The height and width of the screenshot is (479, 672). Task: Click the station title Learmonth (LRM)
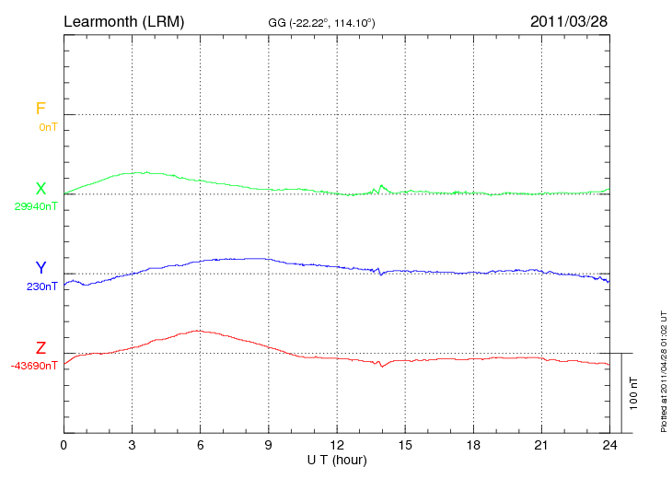click(123, 20)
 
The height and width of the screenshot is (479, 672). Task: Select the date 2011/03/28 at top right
click(570, 20)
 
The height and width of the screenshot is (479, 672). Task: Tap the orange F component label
click(41, 109)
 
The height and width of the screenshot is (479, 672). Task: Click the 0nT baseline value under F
click(47, 127)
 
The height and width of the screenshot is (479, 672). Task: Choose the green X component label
click(41, 189)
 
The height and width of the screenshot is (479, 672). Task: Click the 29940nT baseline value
click(35, 206)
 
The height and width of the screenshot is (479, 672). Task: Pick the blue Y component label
click(41, 268)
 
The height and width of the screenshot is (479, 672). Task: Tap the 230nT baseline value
click(41, 286)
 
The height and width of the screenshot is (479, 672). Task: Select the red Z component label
click(41, 348)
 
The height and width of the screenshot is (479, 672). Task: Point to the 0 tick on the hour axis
click(64, 446)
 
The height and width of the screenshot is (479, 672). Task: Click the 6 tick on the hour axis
click(200, 446)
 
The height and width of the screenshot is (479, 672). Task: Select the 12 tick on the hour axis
click(337, 446)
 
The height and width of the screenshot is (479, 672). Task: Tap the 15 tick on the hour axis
click(405, 446)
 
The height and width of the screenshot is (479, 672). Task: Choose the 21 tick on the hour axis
click(541, 446)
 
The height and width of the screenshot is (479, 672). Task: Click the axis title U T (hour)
click(337, 459)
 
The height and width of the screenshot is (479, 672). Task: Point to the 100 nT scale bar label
click(633, 393)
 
